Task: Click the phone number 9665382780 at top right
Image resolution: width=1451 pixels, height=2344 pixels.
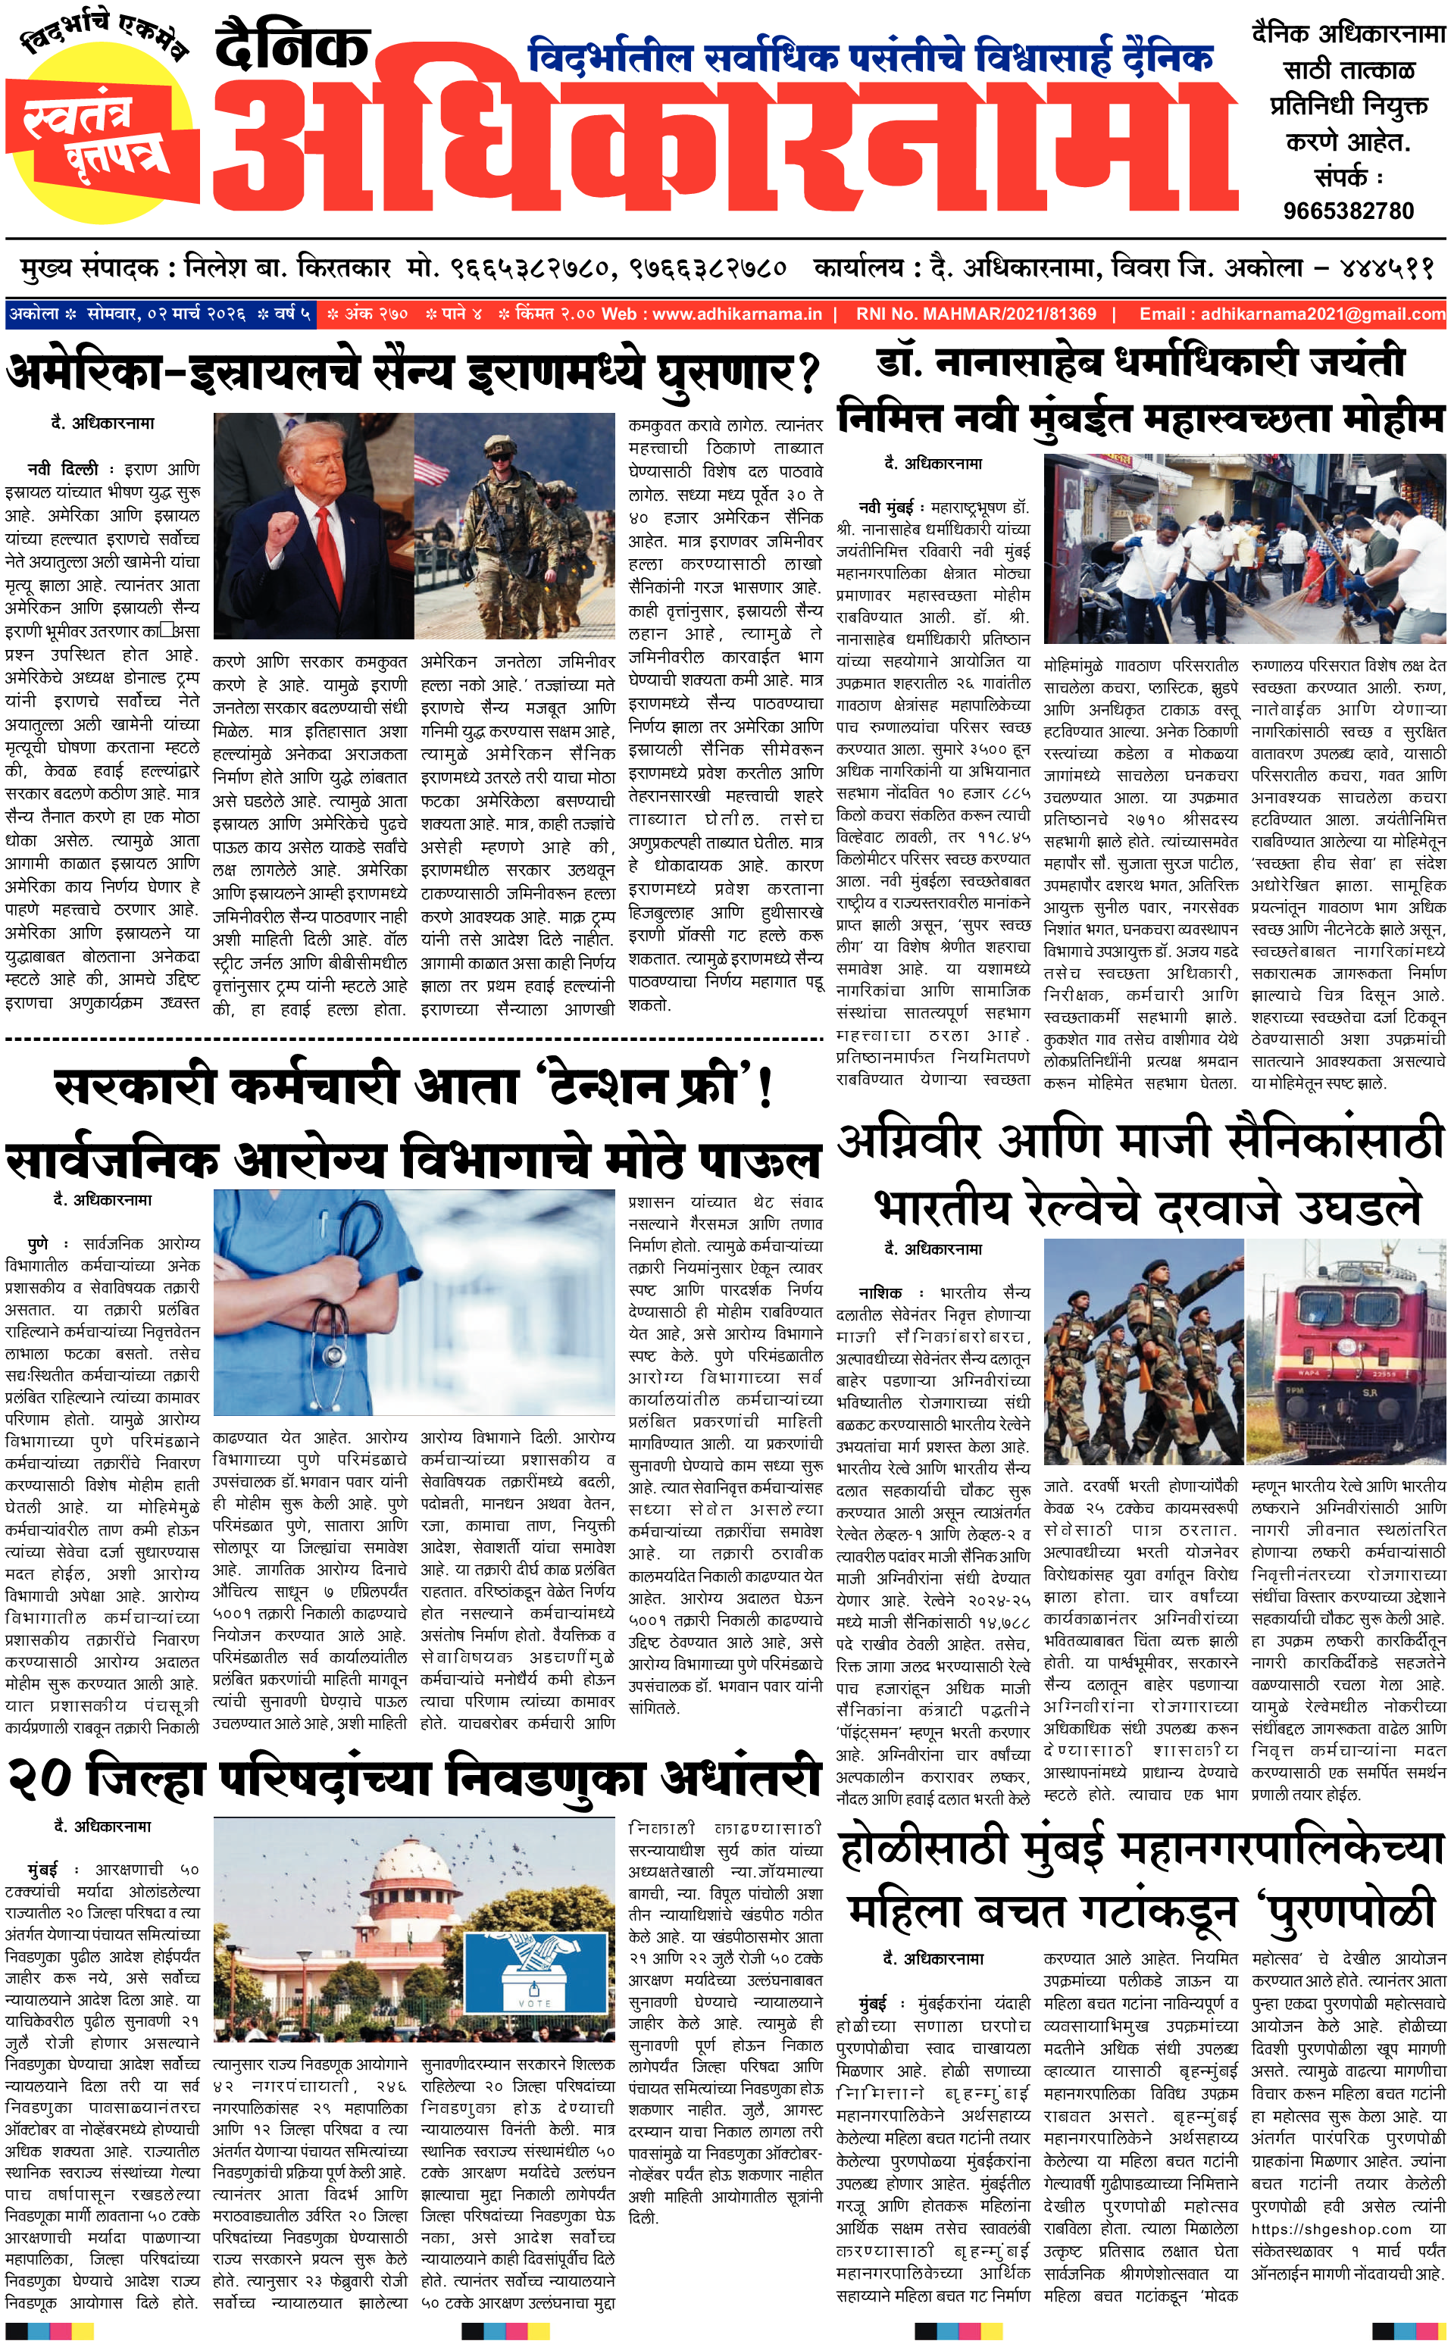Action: [x=1348, y=210]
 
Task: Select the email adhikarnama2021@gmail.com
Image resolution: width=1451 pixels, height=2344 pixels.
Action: [x=1322, y=314]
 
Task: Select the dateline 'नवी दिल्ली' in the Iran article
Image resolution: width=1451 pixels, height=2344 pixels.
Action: [x=62, y=469]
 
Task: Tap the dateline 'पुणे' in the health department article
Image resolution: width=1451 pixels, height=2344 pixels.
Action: [x=37, y=1243]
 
